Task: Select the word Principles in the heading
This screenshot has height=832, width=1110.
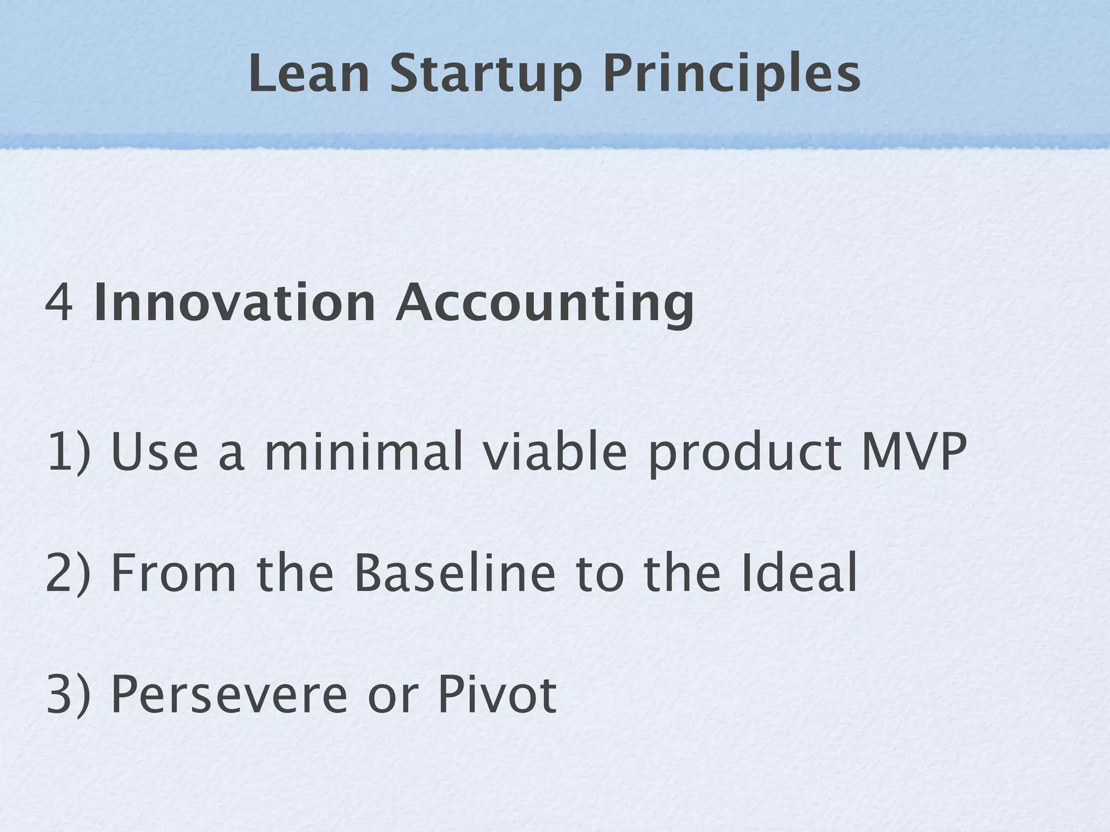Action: (731, 76)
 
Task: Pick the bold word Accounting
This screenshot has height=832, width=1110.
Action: (544, 303)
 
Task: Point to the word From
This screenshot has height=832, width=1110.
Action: (174, 573)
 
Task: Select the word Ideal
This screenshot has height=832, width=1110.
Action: (799, 573)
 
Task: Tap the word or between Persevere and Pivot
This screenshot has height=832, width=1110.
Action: (392, 699)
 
